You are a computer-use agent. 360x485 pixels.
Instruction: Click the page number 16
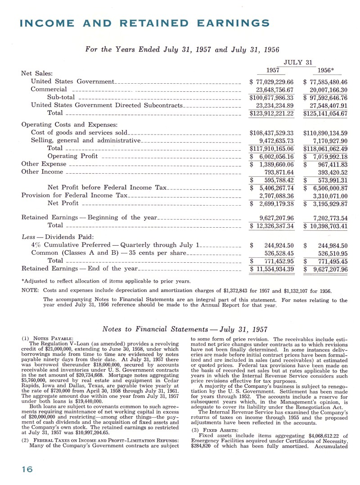pyautogui.click(x=14, y=469)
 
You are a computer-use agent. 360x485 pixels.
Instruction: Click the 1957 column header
pyautogui.click(x=273, y=71)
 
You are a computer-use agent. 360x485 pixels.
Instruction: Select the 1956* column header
pyautogui.click(x=326, y=71)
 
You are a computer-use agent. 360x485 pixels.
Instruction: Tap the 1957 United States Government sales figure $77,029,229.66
pyautogui.click(x=272, y=82)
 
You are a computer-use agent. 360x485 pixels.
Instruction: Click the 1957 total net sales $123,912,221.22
pyautogui.click(x=272, y=113)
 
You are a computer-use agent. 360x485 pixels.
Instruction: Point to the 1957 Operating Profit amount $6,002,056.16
pyautogui.click(x=272, y=156)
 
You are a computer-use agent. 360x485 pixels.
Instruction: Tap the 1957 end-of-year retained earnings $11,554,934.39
pyautogui.click(x=272, y=269)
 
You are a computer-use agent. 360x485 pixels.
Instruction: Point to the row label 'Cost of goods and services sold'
pyautogui.click(x=79, y=133)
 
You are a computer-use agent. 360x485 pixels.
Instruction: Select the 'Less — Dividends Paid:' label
pyautogui.click(x=58, y=237)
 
